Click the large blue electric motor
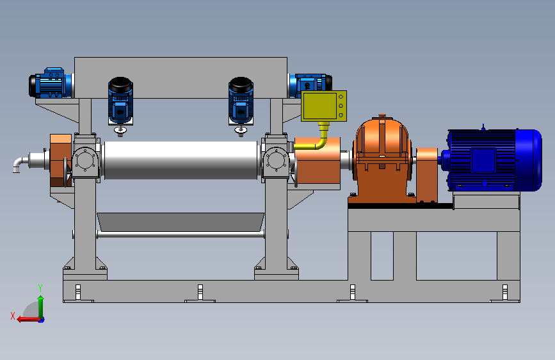tap(494, 160)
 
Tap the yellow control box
tap(323, 106)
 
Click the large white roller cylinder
tap(181, 160)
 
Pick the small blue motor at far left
tap(49, 83)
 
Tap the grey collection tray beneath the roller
tap(181, 222)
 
